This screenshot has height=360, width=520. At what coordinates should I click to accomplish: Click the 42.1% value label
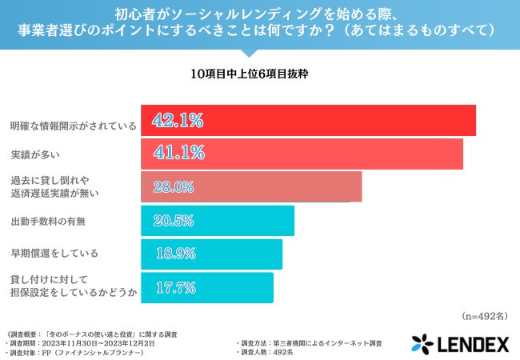(x=178, y=121)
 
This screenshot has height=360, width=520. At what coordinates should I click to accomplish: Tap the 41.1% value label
(x=178, y=152)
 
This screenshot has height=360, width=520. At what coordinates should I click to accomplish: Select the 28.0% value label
(x=173, y=187)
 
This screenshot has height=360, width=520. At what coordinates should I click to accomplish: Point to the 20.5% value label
(x=173, y=221)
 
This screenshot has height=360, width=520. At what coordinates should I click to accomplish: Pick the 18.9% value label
(x=173, y=254)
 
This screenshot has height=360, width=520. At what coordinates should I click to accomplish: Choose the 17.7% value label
(x=173, y=288)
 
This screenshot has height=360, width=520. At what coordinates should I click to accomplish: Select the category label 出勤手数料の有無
(x=48, y=221)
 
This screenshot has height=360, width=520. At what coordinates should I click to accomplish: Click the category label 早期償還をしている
(x=54, y=254)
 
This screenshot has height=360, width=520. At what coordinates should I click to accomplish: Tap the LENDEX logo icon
(x=422, y=344)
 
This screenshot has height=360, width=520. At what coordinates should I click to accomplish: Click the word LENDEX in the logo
(x=472, y=344)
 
